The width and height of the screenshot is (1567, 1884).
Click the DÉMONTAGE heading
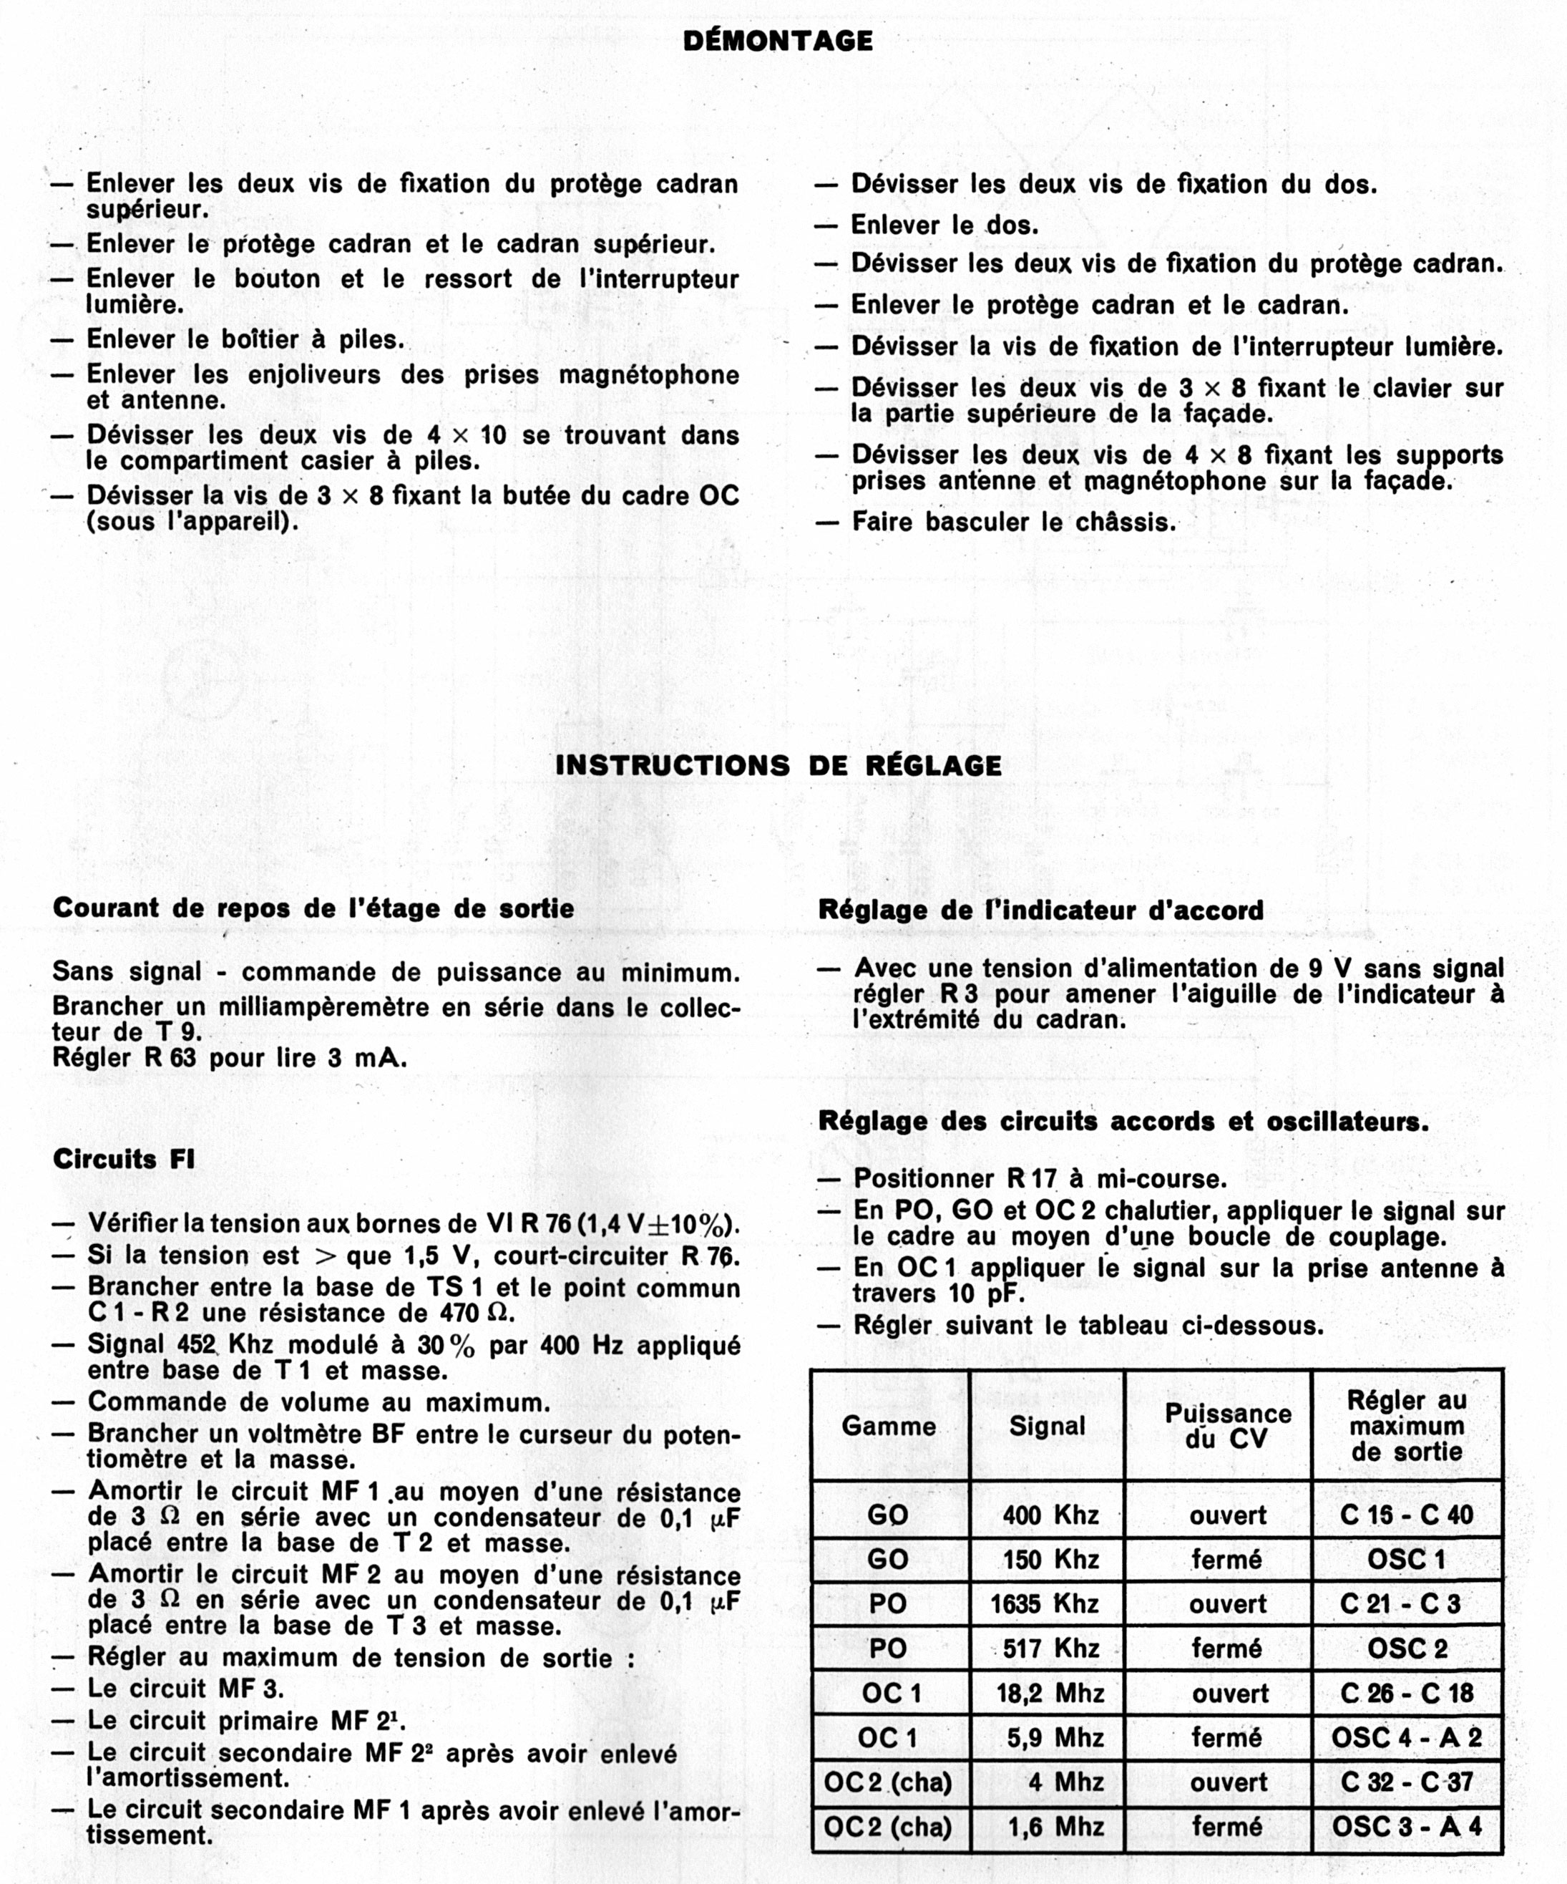[778, 40]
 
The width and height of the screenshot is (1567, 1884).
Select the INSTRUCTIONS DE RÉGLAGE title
[778, 765]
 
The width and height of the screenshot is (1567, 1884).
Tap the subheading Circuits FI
[124, 1159]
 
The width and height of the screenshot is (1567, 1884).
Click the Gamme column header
[888, 1426]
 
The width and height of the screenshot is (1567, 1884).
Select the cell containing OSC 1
[1407, 1559]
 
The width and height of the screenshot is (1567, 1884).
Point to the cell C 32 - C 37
[1407, 1782]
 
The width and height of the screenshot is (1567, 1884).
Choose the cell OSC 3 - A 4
[1407, 1827]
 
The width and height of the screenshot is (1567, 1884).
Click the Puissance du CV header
[1227, 1426]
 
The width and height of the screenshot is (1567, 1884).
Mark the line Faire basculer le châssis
[1014, 522]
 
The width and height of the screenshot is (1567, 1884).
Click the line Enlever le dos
[944, 225]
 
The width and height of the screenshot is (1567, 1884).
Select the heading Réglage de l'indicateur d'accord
[1040, 911]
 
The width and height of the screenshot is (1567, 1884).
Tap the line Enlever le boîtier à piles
[245, 340]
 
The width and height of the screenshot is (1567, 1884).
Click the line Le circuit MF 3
[185, 1689]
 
